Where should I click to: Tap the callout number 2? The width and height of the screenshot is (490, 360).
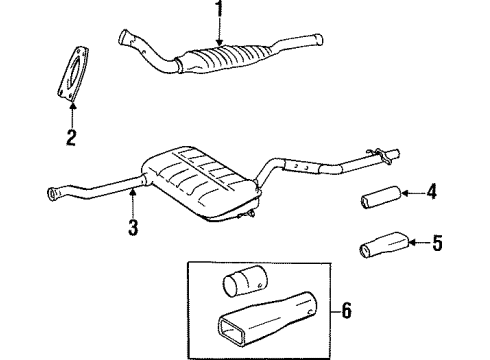(x=70, y=137)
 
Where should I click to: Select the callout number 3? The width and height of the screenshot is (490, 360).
(x=133, y=227)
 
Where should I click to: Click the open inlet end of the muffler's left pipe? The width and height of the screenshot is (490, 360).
(x=51, y=192)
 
